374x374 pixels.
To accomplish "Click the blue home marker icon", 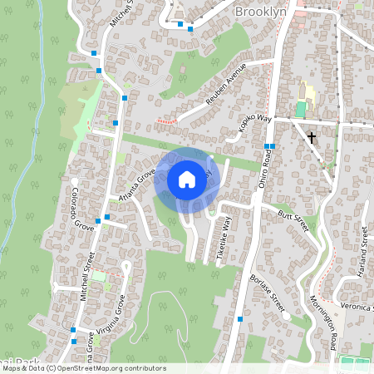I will click(x=187, y=179).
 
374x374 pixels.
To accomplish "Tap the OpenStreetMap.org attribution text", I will click(x=108, y=368).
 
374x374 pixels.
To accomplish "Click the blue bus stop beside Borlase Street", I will click(x=240, y=319).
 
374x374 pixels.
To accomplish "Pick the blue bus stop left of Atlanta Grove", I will click(x=97, y=221).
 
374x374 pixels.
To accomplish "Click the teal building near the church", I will click(x=300, y=109).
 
